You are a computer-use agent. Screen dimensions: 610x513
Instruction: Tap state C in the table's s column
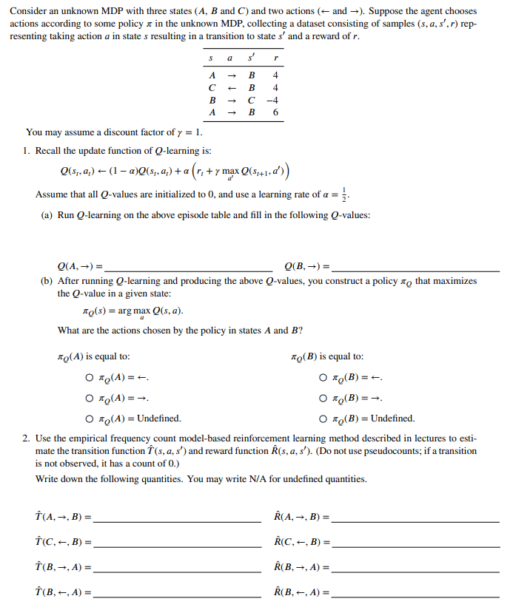pos(212,87)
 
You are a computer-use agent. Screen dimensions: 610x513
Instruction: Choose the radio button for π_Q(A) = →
pos(90,399)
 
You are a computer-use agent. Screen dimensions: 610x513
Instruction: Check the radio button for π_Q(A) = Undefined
pos(90,418)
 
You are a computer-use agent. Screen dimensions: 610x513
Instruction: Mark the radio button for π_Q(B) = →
pos(323,399)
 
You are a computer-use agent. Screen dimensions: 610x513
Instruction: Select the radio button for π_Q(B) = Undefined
pos(323,418)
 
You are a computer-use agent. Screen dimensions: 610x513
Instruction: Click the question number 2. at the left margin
pos(26,438)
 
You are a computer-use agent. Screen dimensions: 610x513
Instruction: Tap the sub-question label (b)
pos(47,281)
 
